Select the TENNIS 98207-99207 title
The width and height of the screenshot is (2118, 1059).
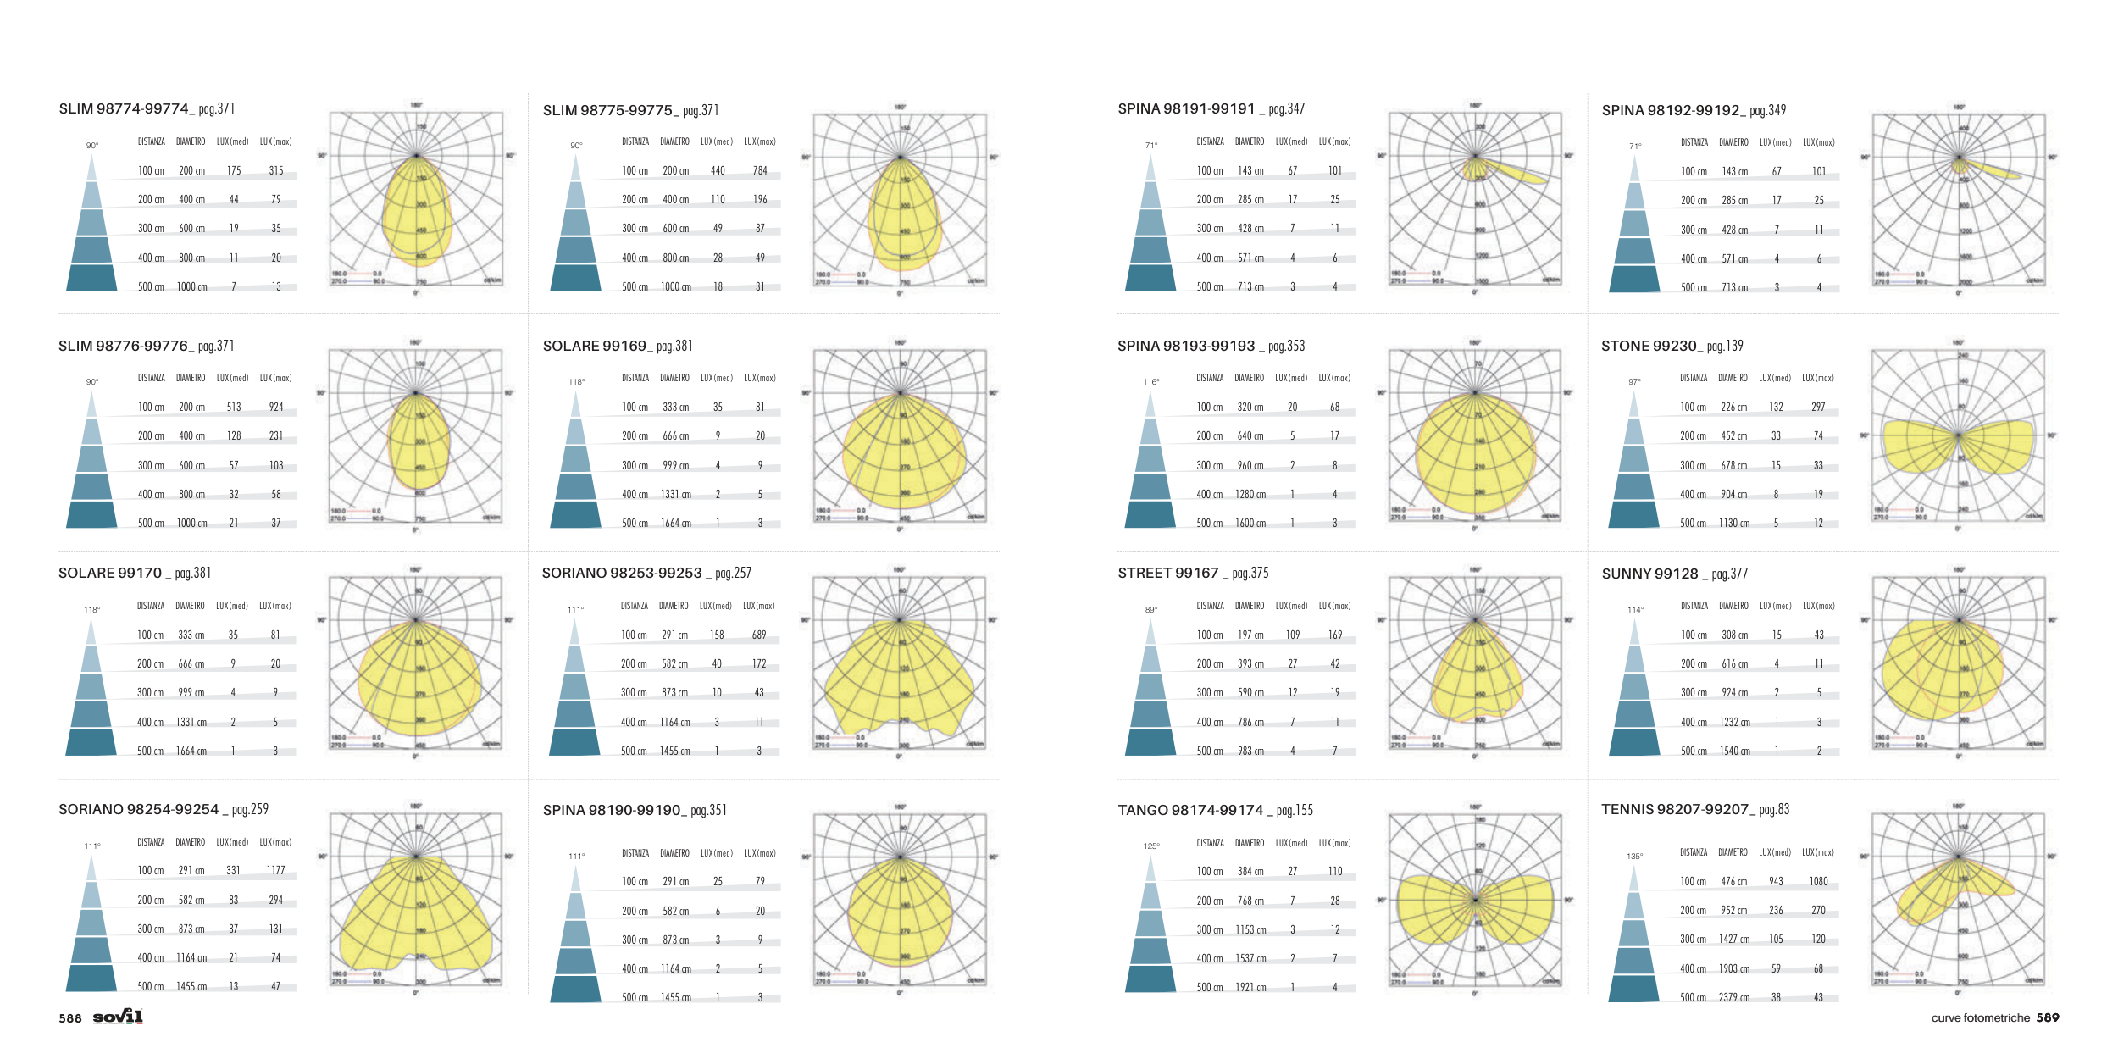[x=1694, y=810]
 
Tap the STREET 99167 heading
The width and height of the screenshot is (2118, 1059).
[x=1192, y=574]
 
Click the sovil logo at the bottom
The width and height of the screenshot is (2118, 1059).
[x=118, y=1017]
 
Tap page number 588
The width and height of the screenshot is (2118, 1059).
[x=70, y=1018]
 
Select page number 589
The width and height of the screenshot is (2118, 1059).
[x=2048, y=1017]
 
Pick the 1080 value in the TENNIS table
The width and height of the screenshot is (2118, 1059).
[x=1818, y=881]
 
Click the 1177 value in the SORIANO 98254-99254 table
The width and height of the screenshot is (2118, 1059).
[x=275, y=870]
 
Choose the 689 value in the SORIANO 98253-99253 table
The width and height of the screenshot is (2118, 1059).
[x=759, y=635]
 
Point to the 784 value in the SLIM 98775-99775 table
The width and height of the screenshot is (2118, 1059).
[x=760, y=170]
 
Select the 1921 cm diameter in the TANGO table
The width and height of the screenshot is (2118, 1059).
[x=1250, y=987]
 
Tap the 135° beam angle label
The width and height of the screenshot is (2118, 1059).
[x=1634, y=857]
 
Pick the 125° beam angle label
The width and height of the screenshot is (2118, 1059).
[x=1151, y=846]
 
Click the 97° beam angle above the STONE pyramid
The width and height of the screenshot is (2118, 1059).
[x=1634, y=382]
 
